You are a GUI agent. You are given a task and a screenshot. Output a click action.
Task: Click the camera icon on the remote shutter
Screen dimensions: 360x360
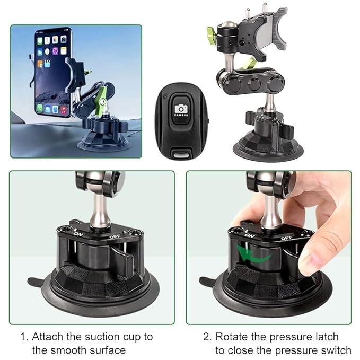coord(181,108)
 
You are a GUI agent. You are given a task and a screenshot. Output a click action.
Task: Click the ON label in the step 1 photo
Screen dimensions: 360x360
coord(78,234)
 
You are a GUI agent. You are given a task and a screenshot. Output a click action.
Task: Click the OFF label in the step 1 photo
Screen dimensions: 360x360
coord(115,236)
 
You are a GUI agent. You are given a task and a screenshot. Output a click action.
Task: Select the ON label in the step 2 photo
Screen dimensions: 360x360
coord(249,235)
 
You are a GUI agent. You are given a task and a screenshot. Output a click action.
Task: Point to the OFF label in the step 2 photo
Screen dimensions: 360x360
coord(286,238)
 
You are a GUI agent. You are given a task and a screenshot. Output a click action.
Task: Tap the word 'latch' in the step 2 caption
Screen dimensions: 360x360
coord(327,337)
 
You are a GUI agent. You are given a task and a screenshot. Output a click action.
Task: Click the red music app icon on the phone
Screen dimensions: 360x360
coord(64,110)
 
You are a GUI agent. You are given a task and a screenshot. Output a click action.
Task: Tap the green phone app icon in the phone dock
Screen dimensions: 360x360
coord(40,108)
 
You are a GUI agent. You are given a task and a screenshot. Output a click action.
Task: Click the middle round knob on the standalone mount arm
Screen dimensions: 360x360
coord(254,84)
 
